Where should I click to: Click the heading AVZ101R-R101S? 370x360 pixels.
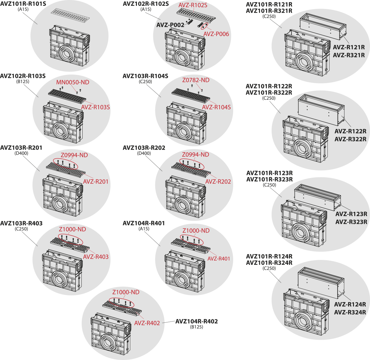click(x=23, y=4)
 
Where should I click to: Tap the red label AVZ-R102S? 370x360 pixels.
click(x=193, y=5)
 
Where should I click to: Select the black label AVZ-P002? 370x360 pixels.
click(x=170, y=25)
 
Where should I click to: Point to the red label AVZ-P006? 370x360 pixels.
click(x=216, y=34)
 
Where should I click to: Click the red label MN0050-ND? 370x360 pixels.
click(x=72, y=82)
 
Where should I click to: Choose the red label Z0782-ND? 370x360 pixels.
click(x=195, y=80)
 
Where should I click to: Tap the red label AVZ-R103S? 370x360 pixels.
click(x=95, y=107)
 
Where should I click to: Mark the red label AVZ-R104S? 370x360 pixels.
click(x=216, y=107)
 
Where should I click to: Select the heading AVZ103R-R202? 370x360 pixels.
click(x=144, y=148)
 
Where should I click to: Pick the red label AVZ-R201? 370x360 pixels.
click(x=96, y=182)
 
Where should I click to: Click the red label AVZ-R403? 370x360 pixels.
click(x=96, y=257)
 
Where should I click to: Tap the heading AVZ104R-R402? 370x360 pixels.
click(x=196, y=322)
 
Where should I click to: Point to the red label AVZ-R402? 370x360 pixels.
click(x=147, y=323)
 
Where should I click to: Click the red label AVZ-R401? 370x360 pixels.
click(x=219, y=259)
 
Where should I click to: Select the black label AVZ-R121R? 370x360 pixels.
click(x=349, y=47)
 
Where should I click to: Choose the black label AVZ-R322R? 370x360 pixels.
click(x=350, y=140)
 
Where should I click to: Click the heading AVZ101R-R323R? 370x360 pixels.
click(x=269, y=179)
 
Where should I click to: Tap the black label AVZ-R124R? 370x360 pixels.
click(x=350, y=304)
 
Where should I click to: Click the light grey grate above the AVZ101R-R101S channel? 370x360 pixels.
click(x=71, y=15)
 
